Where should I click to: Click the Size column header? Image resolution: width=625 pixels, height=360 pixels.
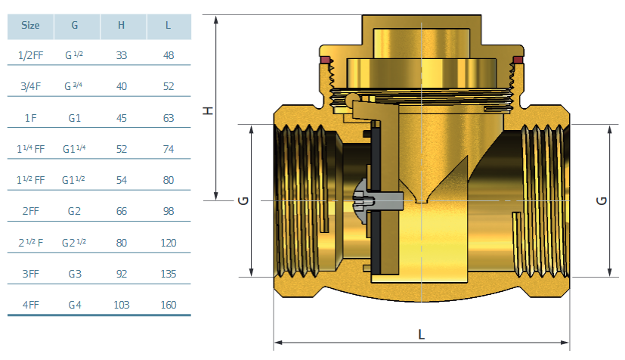click(x=30, y=26)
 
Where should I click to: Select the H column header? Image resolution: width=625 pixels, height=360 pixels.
click(x=121, y=26)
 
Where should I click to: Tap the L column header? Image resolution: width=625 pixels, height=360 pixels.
click(x=169, y=26)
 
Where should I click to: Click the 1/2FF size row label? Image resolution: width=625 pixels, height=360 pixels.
click(x=31, y=55)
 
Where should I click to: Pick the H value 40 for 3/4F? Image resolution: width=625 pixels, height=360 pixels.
click(x=122, y=86)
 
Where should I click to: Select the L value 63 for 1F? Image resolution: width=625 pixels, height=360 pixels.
click(x=169, y=118)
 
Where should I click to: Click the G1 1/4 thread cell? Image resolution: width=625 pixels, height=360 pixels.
click(x=74, y=149)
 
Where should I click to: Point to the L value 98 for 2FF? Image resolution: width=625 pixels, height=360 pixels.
click(x=169, y=211)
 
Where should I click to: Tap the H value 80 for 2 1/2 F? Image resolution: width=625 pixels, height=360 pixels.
click(x=122, y=243)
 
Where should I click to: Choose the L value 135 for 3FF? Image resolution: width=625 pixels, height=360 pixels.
click(x=169, y=274)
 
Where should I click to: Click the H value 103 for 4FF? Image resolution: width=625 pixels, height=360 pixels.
click(x=122, y=305)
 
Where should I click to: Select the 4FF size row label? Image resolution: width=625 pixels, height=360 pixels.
click(x=31, y=305)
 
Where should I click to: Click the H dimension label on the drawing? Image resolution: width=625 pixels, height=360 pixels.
click(x=209, y=111)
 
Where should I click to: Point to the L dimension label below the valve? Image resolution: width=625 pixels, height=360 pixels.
click(x=421, y=334)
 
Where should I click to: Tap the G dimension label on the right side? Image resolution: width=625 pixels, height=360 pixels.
click(x=602, y=200)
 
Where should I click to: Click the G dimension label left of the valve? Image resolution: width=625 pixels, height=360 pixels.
click(x=243, y=200)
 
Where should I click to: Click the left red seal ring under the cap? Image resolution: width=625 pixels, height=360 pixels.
click(x=325, y=61)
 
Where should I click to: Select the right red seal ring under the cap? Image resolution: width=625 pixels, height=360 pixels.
click(x=518, y=61)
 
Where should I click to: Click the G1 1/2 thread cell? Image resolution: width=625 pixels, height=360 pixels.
click(x=73, y=180)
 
